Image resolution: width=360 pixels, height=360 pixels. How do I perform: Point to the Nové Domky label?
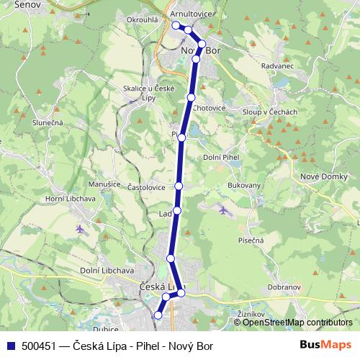pyautogui.click(x=321, y=177)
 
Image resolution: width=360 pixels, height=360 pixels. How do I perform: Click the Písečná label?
pyautogui.click(x=250, y=240)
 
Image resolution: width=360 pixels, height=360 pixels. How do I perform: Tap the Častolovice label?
pyautogui.click(x=146, y=187)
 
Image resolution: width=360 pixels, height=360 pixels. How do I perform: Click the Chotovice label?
pyautogui.click(x=209, y=108)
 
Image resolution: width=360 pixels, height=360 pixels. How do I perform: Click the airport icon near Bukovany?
pyautogui.click(x=223, y=210)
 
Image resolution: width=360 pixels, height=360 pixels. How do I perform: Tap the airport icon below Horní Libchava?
pyautogui.click(x=79, y=229)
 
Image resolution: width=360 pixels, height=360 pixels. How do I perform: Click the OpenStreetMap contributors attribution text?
pyautogui.click(x=298, y=323)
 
